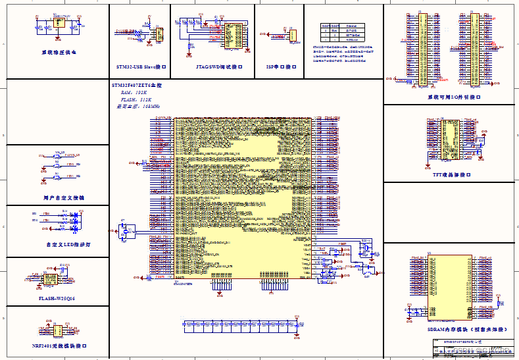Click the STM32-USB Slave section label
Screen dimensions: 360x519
pyautogui.click(x=140, y=67)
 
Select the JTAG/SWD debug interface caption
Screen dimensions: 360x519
pyautogui.click(x=212, y=67)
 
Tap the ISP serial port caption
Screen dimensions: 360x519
pyautogui.click(x=279, y=67)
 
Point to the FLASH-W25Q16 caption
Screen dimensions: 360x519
pyautogui.click(x=58, y=298)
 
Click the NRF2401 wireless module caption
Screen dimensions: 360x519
pyautogui.click(x=59, y=345)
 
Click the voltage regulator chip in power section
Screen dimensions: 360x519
pyautogui.click(x=59, y=24)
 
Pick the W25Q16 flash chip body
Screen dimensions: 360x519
pyautogui.click(x=49, y=280)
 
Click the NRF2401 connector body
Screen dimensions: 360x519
pyautogui.click(x=57, y=330)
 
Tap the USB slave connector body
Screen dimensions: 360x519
pyautogui.click(x=159, y=34)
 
